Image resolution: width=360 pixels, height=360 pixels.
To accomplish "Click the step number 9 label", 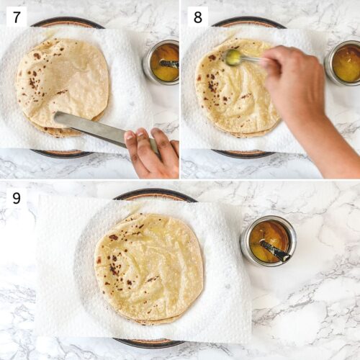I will (x=16, y=197).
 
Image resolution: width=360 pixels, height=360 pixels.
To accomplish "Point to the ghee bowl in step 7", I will (x=161, y=62).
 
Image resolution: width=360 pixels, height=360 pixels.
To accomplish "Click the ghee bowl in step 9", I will (x=268, y=240).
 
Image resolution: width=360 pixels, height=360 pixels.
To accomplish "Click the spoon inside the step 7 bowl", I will (x=167, y=64).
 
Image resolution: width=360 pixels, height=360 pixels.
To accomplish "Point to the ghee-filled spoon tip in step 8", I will (x=233, y=57).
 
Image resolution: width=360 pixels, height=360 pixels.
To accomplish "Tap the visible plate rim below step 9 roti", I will (x=148, y=343).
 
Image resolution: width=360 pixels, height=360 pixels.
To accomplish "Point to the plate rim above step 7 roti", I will (x=68, y=22).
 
